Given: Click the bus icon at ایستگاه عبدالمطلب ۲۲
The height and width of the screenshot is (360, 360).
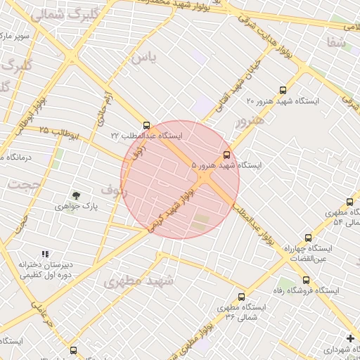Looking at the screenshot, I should (x=146, y=126).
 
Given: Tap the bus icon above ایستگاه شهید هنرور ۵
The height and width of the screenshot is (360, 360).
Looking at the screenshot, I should (x=226, y=155).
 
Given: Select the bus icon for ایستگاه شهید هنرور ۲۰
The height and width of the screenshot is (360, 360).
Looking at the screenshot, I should (x=283, y=91).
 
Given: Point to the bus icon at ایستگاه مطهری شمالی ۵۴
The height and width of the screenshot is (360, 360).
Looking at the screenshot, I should (x=349, y=200).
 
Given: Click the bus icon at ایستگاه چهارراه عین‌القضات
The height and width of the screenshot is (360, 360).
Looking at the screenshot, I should (x=308, y=238).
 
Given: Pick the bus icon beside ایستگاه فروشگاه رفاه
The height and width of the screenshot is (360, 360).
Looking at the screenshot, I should (x=305, y=280).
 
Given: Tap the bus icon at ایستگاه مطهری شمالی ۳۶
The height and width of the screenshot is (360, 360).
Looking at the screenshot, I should (x=241, y=297).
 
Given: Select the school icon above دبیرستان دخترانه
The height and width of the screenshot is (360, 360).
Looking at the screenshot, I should (x=45, y=255).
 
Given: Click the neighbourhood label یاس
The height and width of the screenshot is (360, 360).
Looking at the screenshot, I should (x=143, y=56).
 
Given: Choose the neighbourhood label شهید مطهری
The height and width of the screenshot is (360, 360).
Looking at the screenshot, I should (x=139, y=281).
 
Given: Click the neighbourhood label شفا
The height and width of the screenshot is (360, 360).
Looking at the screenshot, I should (x=336, y=43).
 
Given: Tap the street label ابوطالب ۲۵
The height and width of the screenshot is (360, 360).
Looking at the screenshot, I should (x=53, y=130).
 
